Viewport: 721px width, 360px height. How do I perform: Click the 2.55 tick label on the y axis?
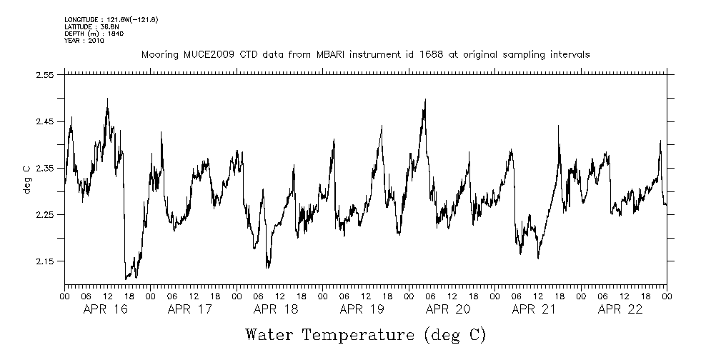[45, 75]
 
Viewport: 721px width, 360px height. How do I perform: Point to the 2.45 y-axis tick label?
[45, 121]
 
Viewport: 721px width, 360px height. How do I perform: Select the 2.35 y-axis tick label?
[45, 168]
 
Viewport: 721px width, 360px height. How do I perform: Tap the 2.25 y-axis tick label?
[45, 214]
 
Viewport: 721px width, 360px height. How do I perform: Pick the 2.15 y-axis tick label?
[45, 261]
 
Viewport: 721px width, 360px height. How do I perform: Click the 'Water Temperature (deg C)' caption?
[365, 334]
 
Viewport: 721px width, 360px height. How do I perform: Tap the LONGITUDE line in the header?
[111, 19]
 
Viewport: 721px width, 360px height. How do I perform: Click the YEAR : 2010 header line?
[84, 41]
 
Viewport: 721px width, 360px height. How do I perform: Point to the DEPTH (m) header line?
[94, 34]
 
